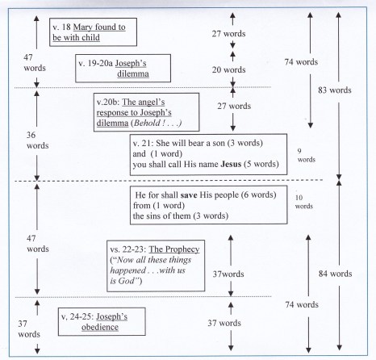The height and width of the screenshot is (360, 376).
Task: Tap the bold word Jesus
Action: [231, 164]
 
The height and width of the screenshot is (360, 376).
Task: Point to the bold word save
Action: [189, 195]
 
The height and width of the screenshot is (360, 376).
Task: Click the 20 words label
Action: [228, 69]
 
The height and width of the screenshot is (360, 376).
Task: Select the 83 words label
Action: [335, 90]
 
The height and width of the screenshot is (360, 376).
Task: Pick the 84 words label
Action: [335, 274]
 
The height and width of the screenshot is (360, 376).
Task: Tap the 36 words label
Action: [37, 140]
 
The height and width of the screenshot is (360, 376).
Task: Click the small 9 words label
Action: [306, 156]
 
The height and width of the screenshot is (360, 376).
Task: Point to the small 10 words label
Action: [304, 202]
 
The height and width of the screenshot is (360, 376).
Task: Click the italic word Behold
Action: [147, 123]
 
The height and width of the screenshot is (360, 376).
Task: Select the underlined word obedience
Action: [100, 327]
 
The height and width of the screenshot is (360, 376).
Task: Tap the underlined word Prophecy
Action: [182, 249]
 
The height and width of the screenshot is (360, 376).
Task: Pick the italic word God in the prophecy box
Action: [126, 281]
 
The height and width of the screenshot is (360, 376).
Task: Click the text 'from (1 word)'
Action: [159, 206]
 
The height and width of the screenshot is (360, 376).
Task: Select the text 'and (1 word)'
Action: [157, 154]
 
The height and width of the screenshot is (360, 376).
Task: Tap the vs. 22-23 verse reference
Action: [128, 249]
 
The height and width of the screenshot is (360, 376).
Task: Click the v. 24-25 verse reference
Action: [77, 316]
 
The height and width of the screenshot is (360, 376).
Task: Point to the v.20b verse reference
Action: [108, 103]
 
